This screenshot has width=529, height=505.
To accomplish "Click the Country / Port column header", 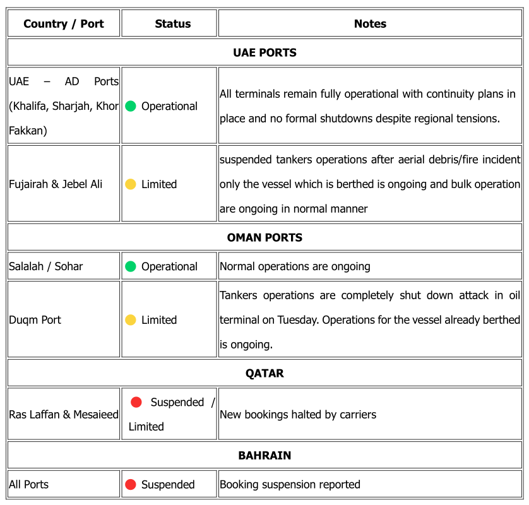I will point(63,24).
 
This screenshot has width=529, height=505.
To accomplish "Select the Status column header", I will point(172,24).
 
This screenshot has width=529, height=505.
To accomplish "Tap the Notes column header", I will point(370,24).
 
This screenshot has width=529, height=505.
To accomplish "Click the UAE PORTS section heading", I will point(264,52).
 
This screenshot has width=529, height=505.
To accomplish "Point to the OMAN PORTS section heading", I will point(264,237).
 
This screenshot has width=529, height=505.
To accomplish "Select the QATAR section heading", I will point(264,373).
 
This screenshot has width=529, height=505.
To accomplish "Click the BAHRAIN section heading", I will point(264,455).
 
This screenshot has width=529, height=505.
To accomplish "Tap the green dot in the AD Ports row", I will point(131,106).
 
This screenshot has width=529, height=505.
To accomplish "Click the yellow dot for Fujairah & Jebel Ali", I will point(131,184).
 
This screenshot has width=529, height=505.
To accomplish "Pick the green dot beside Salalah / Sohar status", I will point(131,266).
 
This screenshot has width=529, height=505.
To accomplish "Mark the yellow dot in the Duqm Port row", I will point(131,320).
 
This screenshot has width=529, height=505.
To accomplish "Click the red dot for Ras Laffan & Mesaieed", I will point(136,402).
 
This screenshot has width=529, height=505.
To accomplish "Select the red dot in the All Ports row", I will point(131,485).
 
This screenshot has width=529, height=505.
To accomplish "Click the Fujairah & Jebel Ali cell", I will point(56,184).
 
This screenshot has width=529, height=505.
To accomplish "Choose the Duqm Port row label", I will point(35,320).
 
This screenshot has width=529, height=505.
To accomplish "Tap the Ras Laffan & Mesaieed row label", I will point(64,415).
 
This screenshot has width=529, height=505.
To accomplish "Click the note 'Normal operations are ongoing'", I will point(295,266).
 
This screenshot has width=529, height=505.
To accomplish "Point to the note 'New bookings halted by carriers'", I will point(298,415).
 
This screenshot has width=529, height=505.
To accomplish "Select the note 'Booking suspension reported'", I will point(290,485).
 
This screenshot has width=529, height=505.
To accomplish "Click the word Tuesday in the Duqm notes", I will point(298,320).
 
